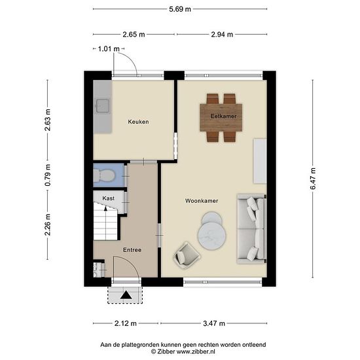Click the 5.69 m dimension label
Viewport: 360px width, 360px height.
tap(180, 9)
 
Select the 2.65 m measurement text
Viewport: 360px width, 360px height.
tap(134, 35)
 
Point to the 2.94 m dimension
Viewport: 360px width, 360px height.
tap(222, 35)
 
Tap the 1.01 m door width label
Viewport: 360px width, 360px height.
tap(109, 49)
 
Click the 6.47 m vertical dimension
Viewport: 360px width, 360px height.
tap(313, 179)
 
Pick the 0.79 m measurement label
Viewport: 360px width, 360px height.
tap(48, 175)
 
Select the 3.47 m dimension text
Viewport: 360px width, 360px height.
tap(214, 323)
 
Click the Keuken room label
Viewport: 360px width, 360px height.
tap(138, 122)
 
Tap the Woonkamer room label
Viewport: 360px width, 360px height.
tap(202, 201)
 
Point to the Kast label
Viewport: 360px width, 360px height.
tap(109, 198)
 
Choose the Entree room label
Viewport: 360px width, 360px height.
tap(132, 250)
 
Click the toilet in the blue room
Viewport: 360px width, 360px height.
tap(104, 175)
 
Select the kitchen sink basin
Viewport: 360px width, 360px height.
tap(102, 106)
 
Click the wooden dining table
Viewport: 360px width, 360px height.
tap(221, 118)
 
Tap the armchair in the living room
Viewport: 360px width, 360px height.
tap(187, 255)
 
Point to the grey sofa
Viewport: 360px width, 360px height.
tap(251, 228)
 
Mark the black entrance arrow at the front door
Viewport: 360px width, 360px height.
tap(126, 295)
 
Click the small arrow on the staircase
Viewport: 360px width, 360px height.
tap(105, 208)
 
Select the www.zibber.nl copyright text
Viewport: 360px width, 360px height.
tap(183, 351)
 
